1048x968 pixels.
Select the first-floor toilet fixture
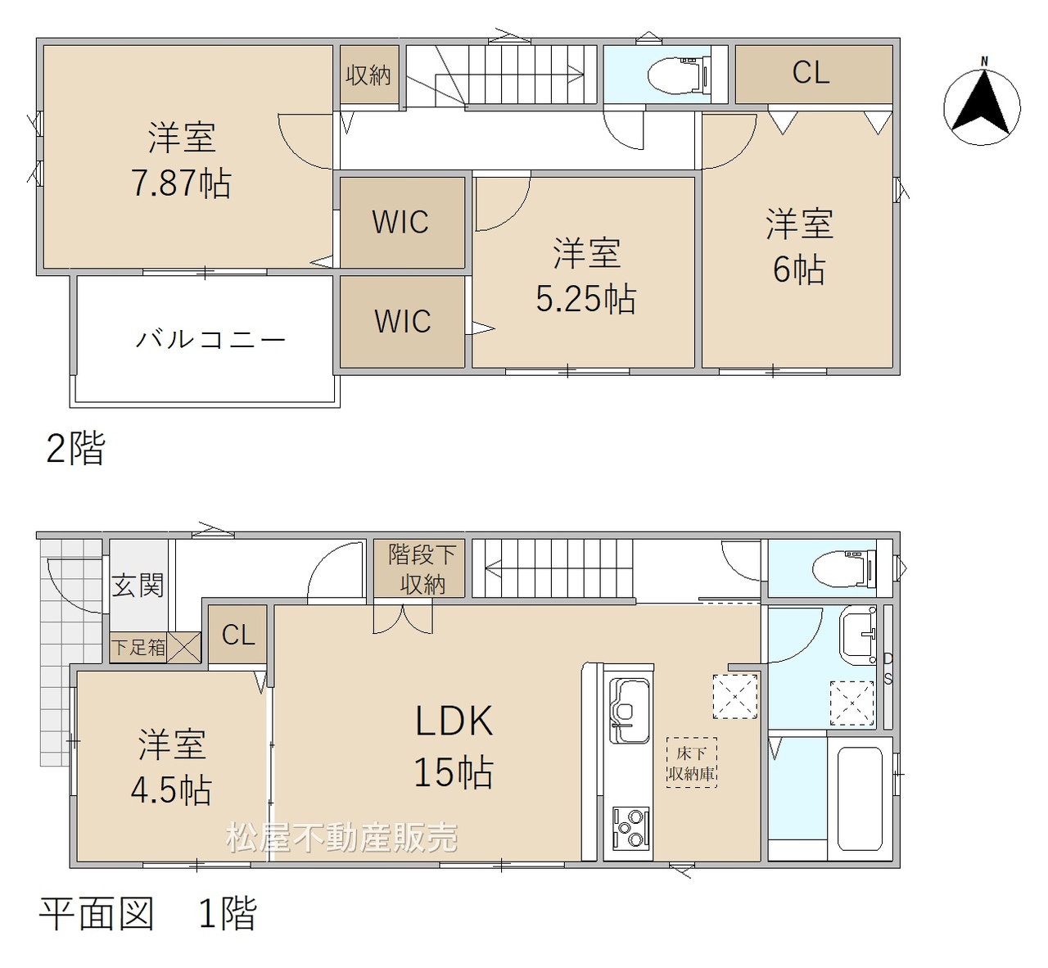point(844,569)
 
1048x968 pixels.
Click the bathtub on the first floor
point(860,798)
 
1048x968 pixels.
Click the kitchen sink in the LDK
point(630,710)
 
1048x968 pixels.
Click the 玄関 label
point(138,585)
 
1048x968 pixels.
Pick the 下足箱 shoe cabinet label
point(139,648)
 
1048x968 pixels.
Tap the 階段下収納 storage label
point(422,569)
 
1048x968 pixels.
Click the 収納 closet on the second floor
point(369,75)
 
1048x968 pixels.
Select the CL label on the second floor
point(811,73)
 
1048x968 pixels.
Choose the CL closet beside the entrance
point(237,634)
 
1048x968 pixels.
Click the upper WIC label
point(400,222)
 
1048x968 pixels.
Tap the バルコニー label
point(210,339)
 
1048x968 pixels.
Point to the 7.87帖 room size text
point(181,183)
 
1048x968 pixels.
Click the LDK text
point(454,721)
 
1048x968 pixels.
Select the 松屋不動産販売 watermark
point(342,838)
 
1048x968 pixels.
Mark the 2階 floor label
point(76,448)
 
